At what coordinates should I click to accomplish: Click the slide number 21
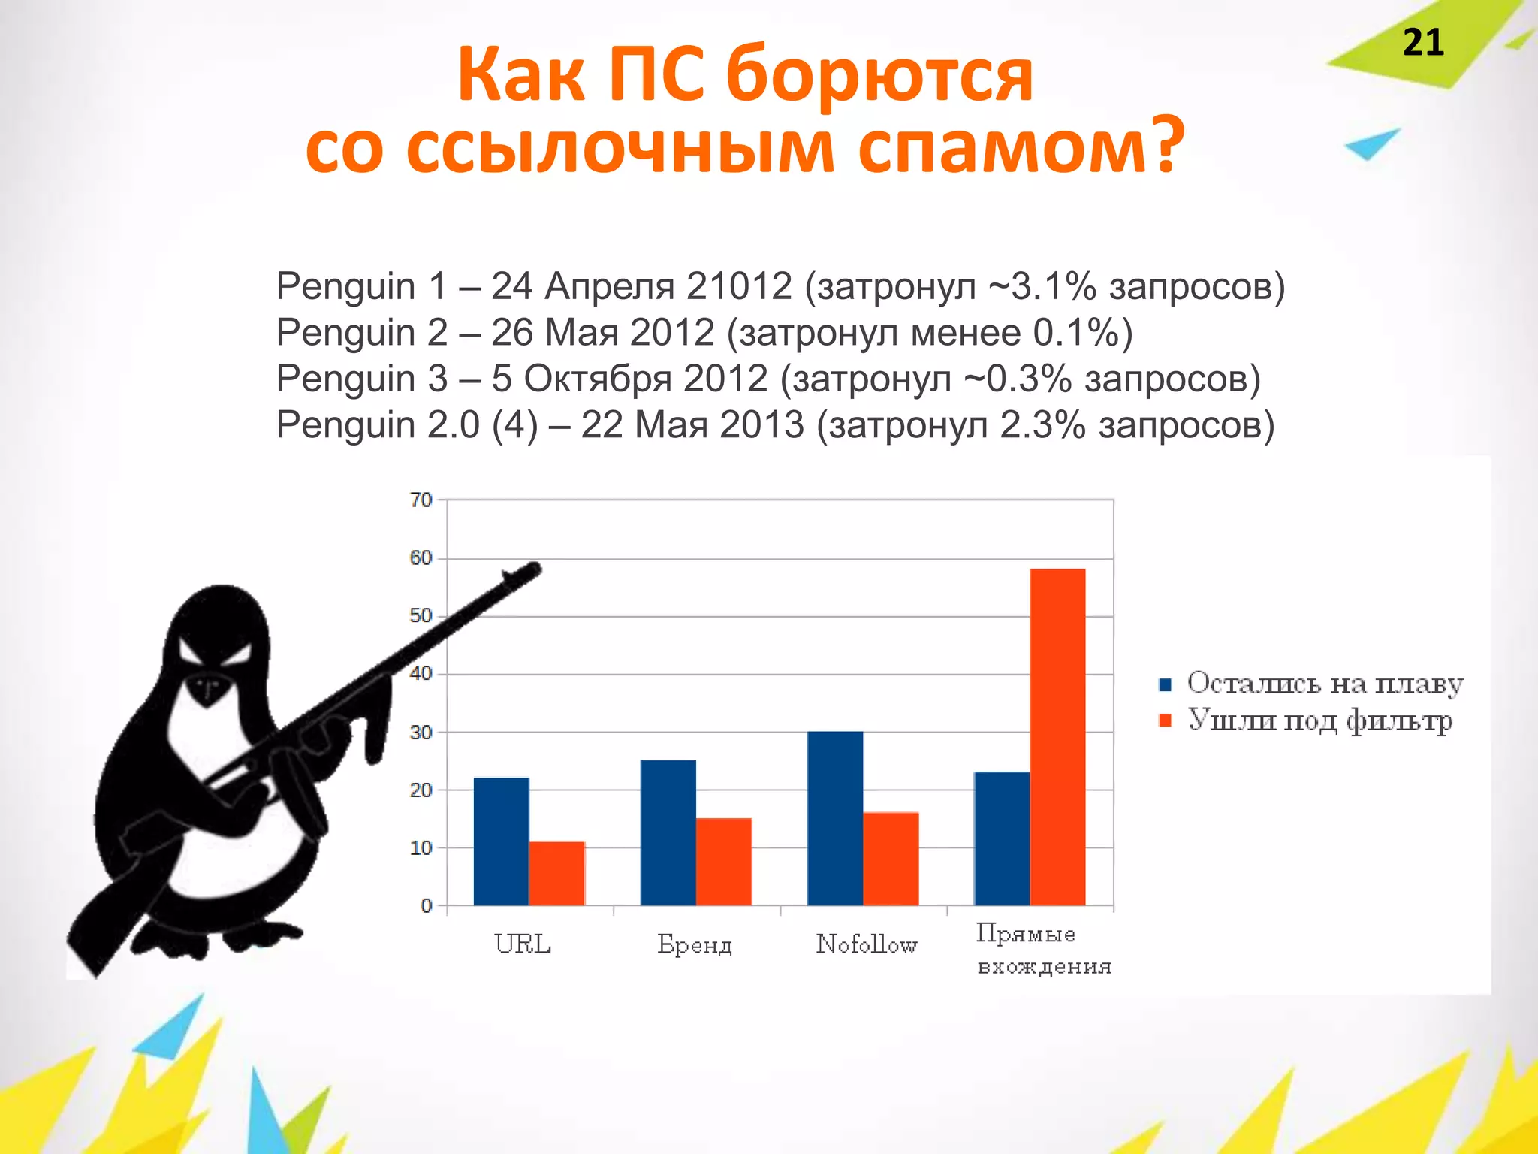[x=1422, y=43]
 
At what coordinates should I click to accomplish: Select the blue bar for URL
[x=501, y=841]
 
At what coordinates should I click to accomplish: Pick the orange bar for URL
[x=556, y=873]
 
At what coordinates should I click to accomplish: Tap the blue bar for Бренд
[x=668, y=832]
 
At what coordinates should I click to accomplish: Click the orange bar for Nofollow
[x=891, y=858]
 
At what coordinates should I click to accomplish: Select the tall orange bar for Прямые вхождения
[x=1057, y=736]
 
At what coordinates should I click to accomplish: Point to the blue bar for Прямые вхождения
[x=1001, y=838]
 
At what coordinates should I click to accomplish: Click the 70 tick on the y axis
[x=421, y=500]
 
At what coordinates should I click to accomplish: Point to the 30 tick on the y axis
[x=421, y=732]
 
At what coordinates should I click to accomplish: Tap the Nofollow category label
[x=867, y=944]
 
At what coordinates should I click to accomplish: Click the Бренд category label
[x=695, y=944]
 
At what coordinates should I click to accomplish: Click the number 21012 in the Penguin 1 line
[x=739, y=286]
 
